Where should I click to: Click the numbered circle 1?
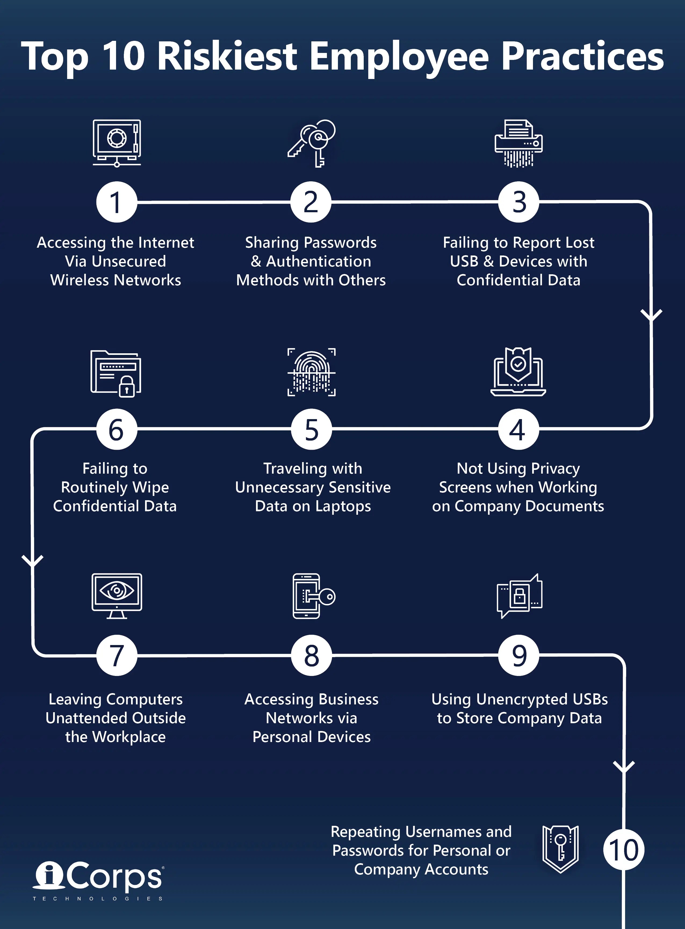point(117,202)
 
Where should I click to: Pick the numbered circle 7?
point(117,655)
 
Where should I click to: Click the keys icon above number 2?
point(312,143)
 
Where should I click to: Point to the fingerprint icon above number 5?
point(311,372)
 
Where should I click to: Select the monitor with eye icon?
point(117,596)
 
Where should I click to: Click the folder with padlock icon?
point(116,373)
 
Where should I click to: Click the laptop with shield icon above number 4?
point(518,372)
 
